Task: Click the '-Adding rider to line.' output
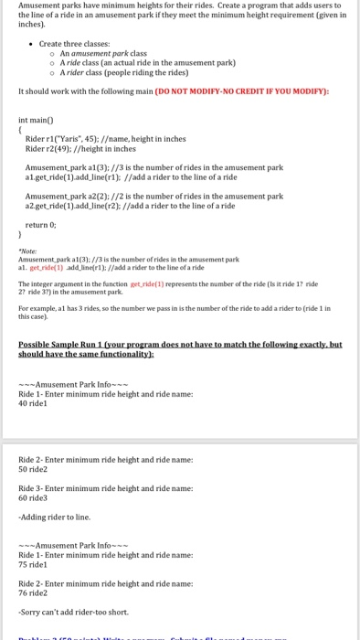(54, 517)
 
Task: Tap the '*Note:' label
(27, 251)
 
